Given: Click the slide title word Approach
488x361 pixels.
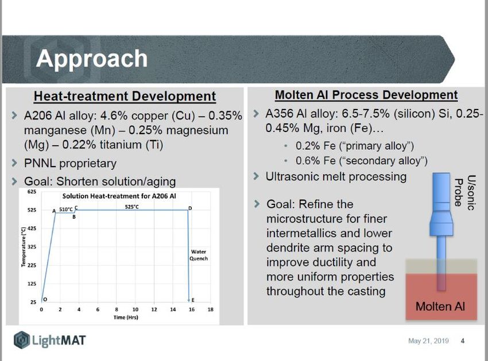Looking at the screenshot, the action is tap(91, 59).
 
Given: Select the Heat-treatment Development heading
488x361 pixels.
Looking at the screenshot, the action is tap(125, 96).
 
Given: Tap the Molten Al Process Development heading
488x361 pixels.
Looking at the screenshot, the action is tap(366, 95).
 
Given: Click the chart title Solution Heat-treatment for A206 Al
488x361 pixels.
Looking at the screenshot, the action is tap(119, 196).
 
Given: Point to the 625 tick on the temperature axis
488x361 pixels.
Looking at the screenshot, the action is tap(32, 192).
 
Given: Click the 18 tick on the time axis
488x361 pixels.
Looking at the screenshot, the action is tap(210, 309).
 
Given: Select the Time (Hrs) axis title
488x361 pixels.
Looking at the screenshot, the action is tap(126, 317).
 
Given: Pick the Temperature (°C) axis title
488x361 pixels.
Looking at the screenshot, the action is tap(23, 247).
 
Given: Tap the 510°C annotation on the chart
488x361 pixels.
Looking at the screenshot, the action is tap(65, 209).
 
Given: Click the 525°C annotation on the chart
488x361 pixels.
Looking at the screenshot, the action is tap(132, 207).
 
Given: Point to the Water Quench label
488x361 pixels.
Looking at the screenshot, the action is tap(199, 255).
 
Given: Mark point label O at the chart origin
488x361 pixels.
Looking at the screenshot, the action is tap(45, 300).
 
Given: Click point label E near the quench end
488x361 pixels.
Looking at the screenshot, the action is tap(193, 300).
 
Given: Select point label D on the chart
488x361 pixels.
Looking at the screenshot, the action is tap(190, 208).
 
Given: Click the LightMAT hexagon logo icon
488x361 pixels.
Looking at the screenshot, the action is tap(22, 340).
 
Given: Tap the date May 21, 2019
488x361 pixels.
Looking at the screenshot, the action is tap(428, 341).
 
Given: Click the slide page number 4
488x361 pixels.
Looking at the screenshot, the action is tap(463, 341).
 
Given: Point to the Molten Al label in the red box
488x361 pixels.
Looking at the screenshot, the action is tap(440, 306).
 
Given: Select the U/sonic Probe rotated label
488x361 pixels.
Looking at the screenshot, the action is tap(464, 192).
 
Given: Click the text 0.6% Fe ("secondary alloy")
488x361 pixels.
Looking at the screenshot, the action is tap(361, 161).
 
